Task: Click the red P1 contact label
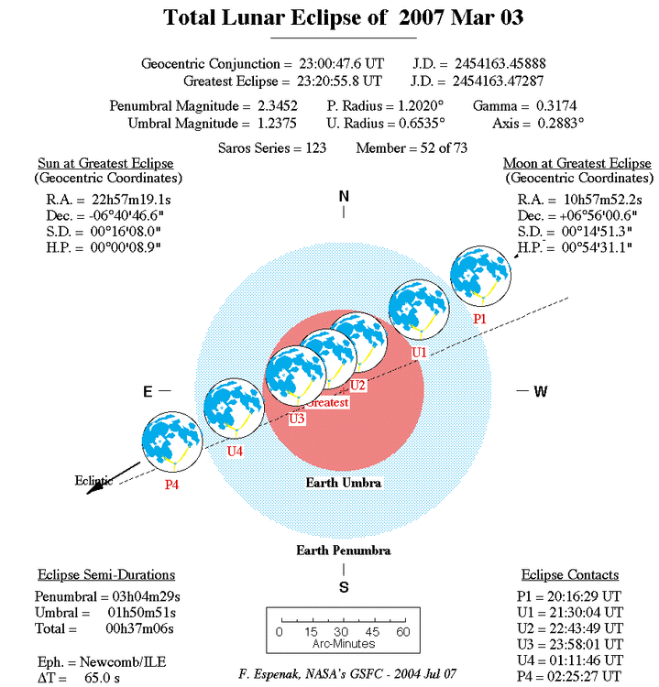tap(479, 318)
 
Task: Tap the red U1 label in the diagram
tap(419, 352)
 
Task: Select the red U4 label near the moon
tap(235, 450)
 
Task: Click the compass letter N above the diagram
tap(344, 196)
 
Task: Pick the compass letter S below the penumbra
tap(344, 588)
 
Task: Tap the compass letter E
tap(147, 391)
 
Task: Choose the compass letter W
tap(541, 391)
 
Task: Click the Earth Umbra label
tap(344, 482)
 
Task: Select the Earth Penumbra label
tap(343, 551)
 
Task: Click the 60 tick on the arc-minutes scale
tap(401, 631)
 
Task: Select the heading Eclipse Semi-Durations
tap(106, 575)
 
